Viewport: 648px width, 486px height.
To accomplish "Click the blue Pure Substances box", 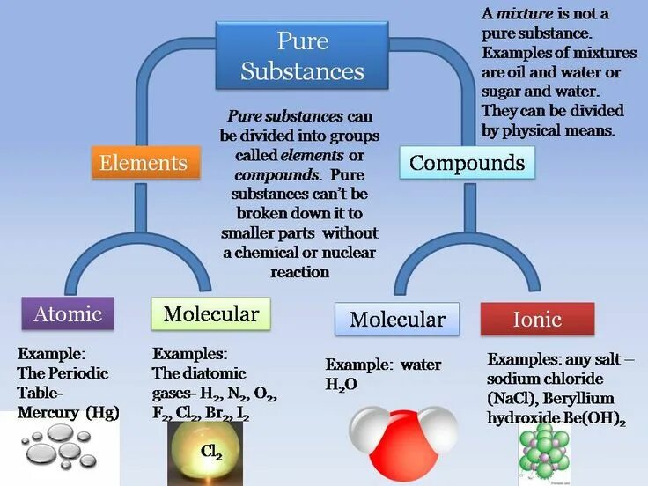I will (x=302, y=55).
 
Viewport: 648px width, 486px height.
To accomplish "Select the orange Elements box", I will (x=144, y=163).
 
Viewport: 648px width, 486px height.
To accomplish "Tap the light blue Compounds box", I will (x=467, y=163).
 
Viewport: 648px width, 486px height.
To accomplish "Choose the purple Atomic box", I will (x=68, y=314).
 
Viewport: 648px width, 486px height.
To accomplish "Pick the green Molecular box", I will (x=211, y=314).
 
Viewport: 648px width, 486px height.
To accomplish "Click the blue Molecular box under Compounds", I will (x=397, y=319).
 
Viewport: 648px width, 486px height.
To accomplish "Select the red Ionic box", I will (x=537, y=319).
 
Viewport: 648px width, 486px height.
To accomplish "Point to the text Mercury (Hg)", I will (x=67, y=411).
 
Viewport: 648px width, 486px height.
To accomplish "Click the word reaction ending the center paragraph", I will (x=299, y=272).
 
